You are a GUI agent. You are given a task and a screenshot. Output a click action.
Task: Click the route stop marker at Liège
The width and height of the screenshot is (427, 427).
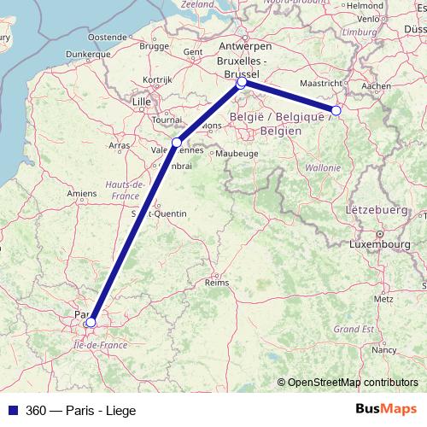coord(336,110)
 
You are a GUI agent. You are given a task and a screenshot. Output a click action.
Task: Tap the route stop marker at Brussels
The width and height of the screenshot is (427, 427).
coord(242,83)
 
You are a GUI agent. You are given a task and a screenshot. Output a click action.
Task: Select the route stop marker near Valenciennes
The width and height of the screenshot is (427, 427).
coord(177,142)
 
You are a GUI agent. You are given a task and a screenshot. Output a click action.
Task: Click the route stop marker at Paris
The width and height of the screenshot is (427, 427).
coord(91,322)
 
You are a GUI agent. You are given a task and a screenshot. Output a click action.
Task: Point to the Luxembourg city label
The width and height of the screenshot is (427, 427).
coord(380,244)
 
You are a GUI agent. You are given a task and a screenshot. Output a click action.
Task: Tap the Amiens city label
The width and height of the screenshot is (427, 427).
coord(82,194)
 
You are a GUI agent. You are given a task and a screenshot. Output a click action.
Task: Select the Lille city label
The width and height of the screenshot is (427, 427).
coord(142,103)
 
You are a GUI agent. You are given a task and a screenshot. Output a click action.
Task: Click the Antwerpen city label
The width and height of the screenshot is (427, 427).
coord(240,45)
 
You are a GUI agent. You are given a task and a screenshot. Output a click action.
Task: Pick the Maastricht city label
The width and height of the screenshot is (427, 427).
coord(322,83)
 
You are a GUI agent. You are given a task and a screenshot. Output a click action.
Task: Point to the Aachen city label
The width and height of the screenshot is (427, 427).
coord(376,85)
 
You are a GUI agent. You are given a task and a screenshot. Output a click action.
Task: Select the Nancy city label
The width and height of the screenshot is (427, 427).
coord(383,348)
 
